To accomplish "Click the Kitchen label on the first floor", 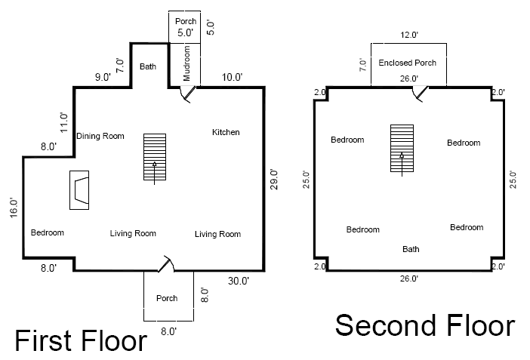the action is (x=226, y=132).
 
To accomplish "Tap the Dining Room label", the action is (x=100, y=136).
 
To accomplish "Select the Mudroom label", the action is (x=186, y=63).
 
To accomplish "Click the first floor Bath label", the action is (x=148, y=66).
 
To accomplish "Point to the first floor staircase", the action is (x=155, y=157).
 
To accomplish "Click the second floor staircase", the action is (x=402, y=149).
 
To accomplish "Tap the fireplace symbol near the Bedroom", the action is (x=79, y=190).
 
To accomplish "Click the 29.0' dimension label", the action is (x=274, y=180).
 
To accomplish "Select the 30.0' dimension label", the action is (x=239, y=281).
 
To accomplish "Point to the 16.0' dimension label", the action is (x=14, y=208).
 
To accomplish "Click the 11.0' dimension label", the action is (x=63, y=123).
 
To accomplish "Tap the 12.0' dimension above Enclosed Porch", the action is (x=409, y=35).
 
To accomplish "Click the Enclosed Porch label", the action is (x=407, y=63).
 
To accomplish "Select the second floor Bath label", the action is (x=411, y=249).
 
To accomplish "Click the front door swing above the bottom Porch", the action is (x=166, y=263).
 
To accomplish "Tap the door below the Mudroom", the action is (x=187, y=94).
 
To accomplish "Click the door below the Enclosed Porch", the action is (x=420, y=94).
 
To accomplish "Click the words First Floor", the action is (x=81, y=340).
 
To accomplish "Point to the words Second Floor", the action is (x=425, y=325).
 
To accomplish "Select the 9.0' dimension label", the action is (x=103, y=78).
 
